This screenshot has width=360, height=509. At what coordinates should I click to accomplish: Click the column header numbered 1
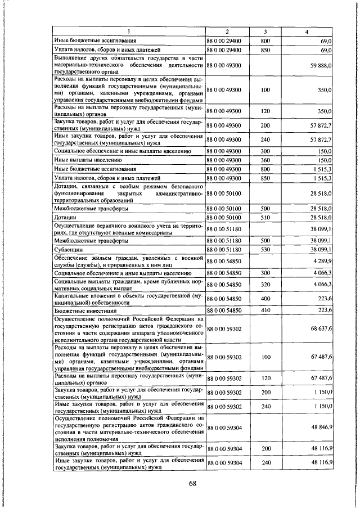point(129,31)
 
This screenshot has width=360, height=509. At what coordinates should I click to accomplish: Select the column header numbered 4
point(307,31)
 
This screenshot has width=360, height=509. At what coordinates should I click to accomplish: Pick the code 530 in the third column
point(266,248)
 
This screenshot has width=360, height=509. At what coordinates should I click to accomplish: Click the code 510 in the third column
point(266,217)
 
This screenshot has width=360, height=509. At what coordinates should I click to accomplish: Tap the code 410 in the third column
point(266,310)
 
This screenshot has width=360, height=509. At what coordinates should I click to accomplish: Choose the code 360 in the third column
point(266,160)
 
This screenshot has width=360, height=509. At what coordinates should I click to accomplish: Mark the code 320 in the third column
point(266,285)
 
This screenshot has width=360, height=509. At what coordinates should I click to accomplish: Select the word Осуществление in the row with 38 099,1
point(78,226)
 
